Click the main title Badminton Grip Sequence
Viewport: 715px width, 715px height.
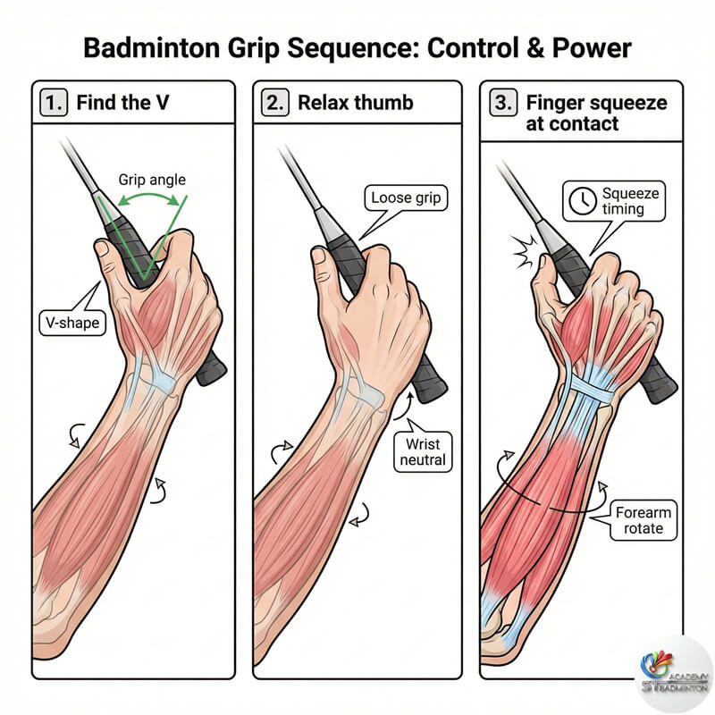click(357, 47)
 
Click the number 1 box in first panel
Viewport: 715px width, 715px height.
click(54, 101)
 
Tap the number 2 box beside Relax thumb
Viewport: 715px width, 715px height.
click(274, 101)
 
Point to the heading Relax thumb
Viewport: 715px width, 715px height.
click(355, 101)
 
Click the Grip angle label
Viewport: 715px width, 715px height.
click(152, 179)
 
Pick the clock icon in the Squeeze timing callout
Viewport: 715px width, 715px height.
click(582, 202)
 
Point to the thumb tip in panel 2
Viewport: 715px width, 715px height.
click(318, 256)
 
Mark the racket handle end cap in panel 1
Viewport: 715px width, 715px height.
click(214, 373)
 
